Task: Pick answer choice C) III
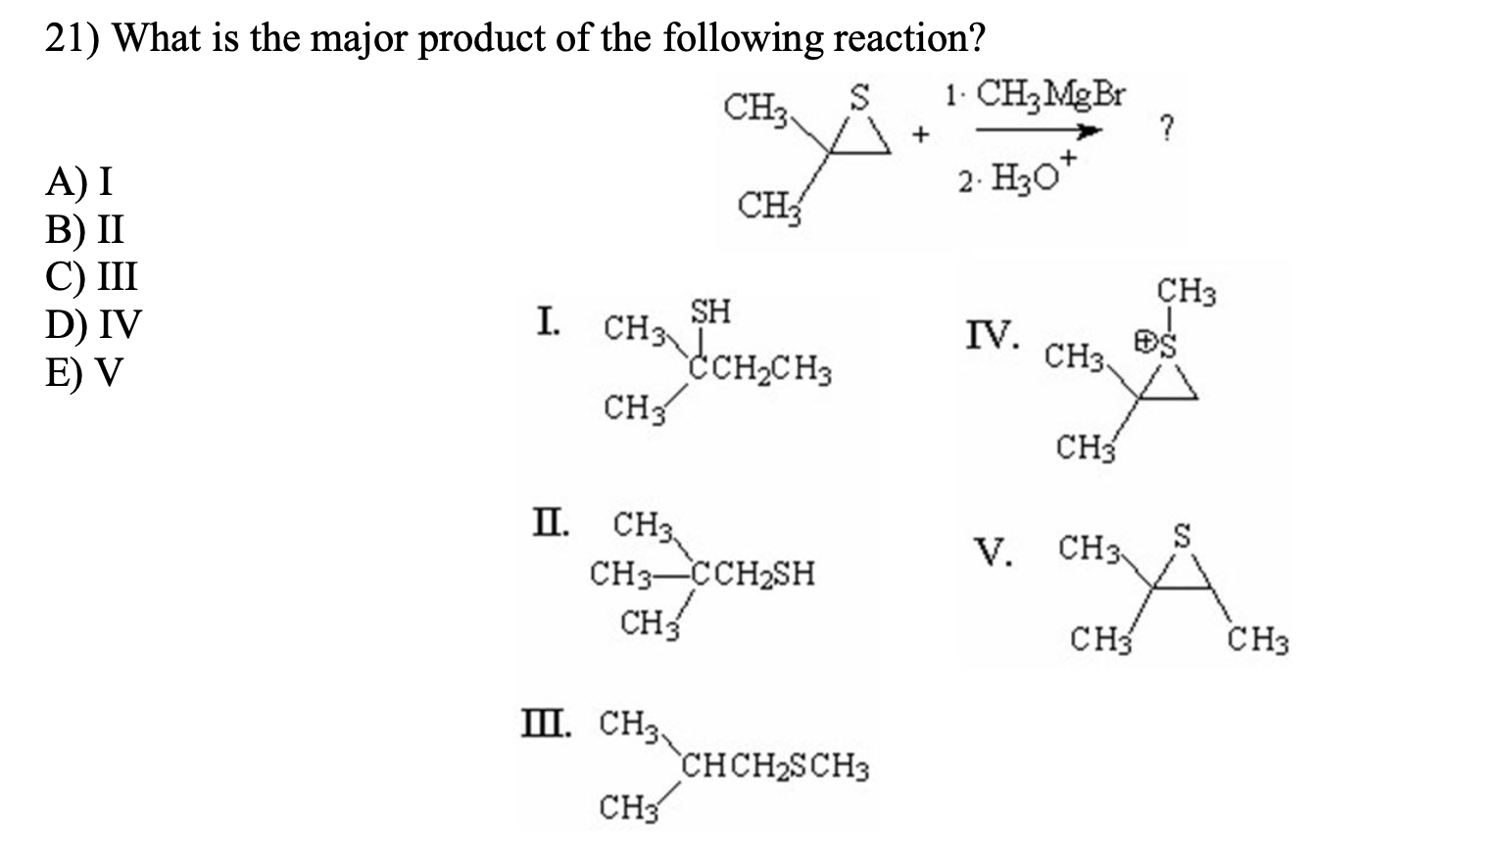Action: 91,276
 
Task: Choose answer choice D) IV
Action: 93,324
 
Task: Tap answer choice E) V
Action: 84,372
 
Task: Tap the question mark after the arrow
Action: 1165,128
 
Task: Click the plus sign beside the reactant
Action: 920,139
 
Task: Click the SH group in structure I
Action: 710,311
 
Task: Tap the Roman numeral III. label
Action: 555,725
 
